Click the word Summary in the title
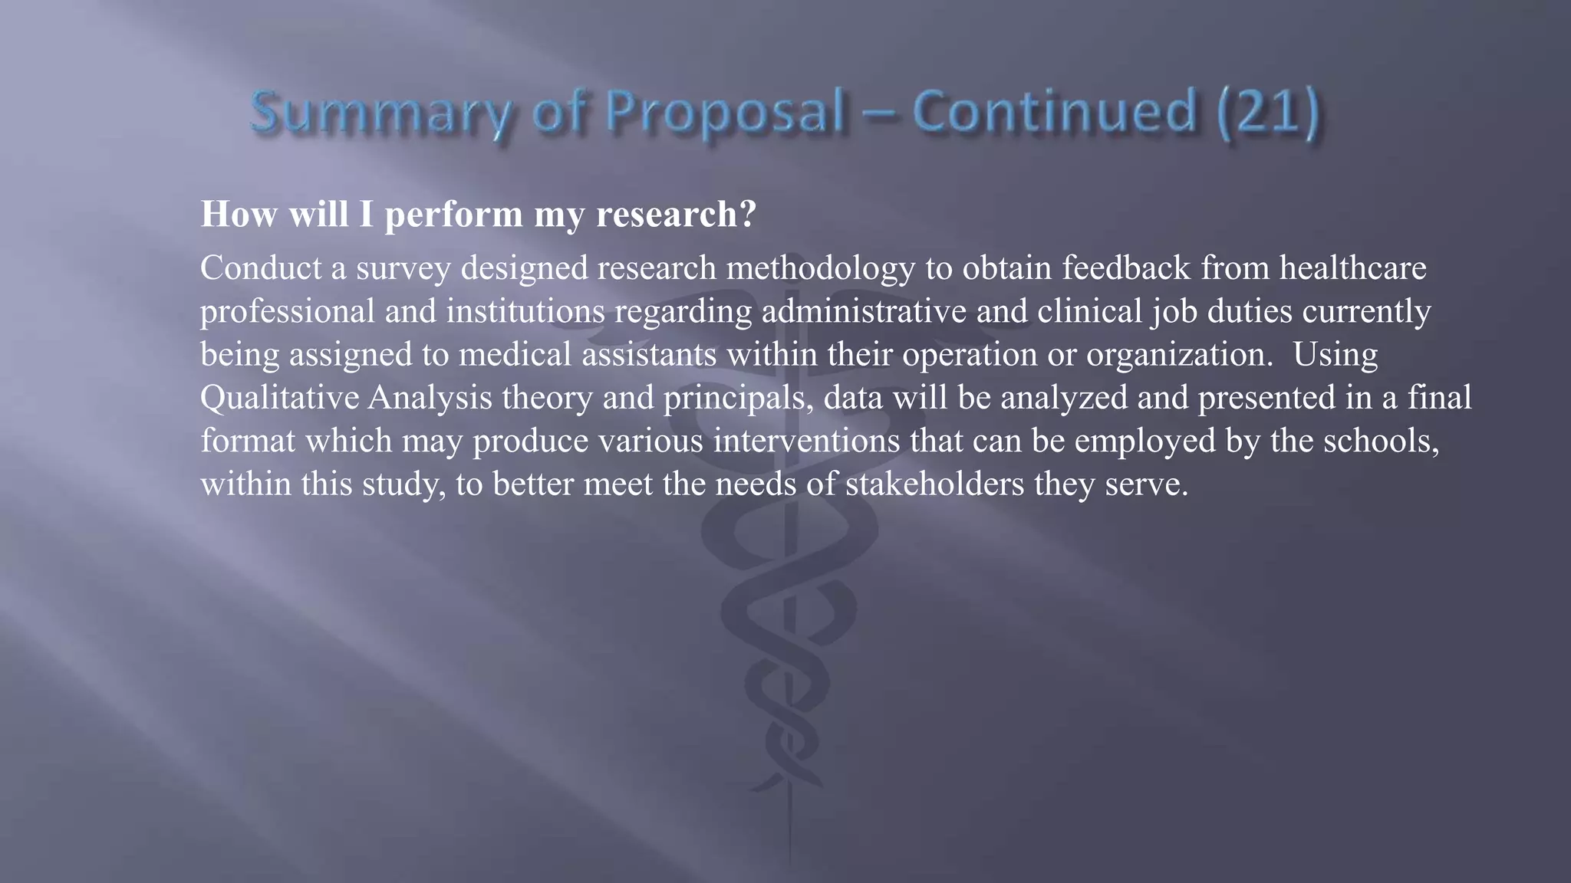pos(379,113)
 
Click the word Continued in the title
pos(1054,111)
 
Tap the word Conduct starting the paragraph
pos(261,268)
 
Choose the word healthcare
pos(1352,268)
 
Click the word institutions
pos(525,312)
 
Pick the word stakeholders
pos(934,484)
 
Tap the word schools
pos(1381,441)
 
